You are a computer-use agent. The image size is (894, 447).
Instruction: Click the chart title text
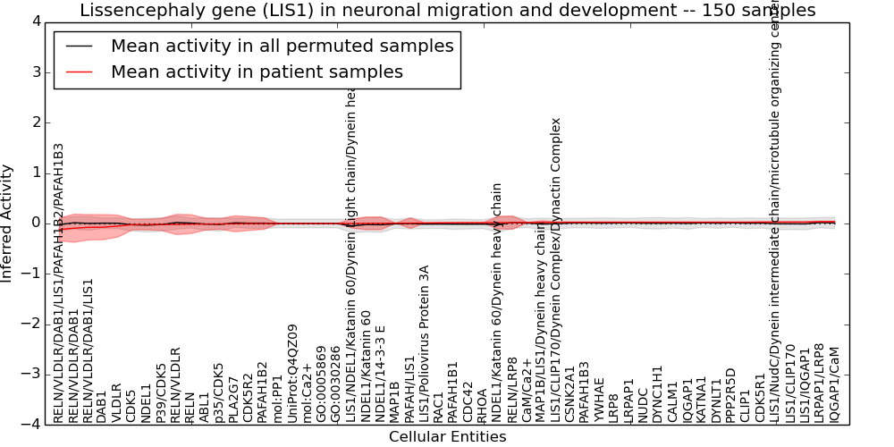(x=447, y=11)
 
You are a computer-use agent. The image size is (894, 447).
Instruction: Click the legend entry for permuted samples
(x=282, y=46)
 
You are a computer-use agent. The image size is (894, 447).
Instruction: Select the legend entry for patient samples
(x=257, y=72)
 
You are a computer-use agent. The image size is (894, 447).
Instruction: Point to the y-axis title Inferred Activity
(x=8, y=223)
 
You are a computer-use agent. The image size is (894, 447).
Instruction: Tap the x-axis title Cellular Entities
(x=447, y=437)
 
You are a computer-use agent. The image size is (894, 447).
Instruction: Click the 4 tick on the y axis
(x=35, y=21)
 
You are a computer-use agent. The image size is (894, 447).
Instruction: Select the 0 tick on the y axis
(x=35, y=223)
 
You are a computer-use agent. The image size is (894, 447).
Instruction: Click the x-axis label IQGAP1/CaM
(x=835, y=384)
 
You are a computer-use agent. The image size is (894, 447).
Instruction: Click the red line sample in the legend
(x=78, y=72)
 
